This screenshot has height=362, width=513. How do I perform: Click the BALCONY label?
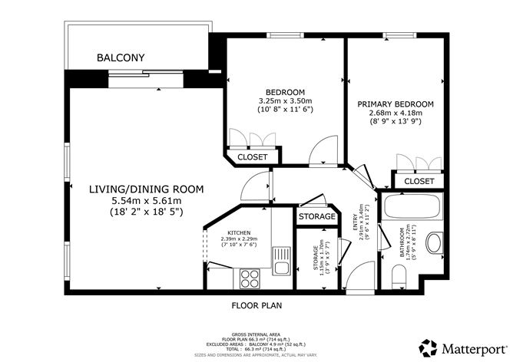tap(121, 58)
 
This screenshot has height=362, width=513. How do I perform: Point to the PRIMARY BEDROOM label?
tap(396, 104)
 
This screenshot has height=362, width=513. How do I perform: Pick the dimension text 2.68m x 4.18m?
tap(396, 114)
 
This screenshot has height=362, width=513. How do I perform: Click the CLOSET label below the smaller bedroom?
tap(253, 156)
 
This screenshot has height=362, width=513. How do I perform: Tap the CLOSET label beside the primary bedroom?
tap(419, 181)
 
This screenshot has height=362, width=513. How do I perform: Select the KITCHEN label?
tap(239, 232)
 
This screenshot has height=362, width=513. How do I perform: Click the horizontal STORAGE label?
tap(318, 217)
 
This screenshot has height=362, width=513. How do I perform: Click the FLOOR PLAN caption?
tap(256, 305)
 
